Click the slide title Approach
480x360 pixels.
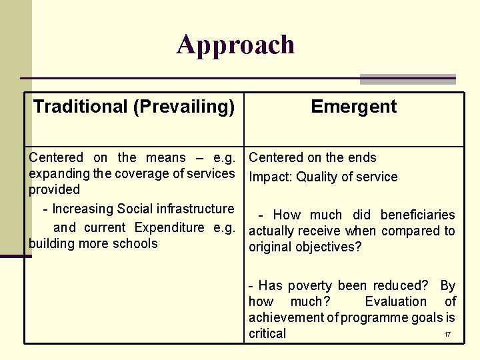(x=235, y=45)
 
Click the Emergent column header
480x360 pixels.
(x=353, y=107)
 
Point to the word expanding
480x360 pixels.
(x=55, y=174)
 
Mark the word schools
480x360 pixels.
(x=135, y=243)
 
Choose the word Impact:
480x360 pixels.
(x=271, y=177)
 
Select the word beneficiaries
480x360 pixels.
(x=418, y=215)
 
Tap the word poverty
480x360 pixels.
(x=310, y=285)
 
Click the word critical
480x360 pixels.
(x=267, y=333)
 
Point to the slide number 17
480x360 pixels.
(x=447, y=334)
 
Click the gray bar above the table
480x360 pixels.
(x=407, y=79)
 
